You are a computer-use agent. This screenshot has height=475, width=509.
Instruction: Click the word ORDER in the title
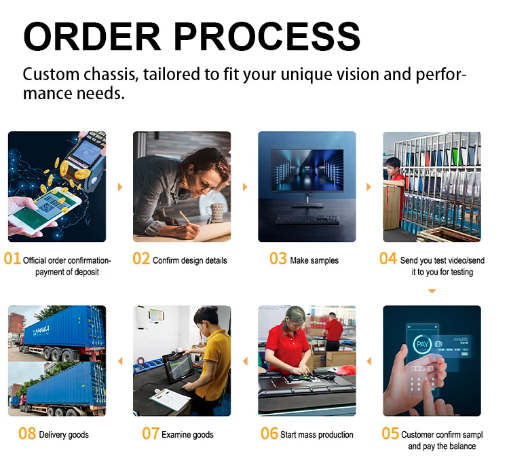(92, 36)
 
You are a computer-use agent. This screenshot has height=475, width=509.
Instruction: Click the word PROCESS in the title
(267, 36)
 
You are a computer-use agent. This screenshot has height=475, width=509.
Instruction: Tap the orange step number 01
(12, 259)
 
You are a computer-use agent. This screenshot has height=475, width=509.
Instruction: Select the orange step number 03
(278, 259)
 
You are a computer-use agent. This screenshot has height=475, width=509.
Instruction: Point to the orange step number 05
(390, 434)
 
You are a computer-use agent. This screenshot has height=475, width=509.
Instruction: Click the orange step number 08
(27, 434)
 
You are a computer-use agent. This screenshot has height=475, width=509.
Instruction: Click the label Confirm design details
(189, 260)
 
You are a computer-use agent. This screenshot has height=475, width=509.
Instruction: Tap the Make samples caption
(314, 260)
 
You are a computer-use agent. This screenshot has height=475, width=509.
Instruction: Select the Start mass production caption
(316, 435)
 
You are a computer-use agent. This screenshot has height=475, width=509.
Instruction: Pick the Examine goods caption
(187, 435)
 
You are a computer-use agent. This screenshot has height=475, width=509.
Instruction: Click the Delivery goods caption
(64, 435)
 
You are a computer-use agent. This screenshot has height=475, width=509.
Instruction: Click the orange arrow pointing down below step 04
(432, 291)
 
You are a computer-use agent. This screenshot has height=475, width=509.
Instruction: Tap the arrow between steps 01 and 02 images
(120, 187)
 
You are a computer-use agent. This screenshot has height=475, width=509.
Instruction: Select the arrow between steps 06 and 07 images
(246, 362)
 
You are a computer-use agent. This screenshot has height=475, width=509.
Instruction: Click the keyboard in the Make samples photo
(307, 219)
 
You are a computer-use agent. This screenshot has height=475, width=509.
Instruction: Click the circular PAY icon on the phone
(422, 345)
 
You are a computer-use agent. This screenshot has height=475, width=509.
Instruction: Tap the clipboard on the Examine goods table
(170, 398)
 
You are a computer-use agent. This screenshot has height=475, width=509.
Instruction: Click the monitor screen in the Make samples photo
(307, 170)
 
